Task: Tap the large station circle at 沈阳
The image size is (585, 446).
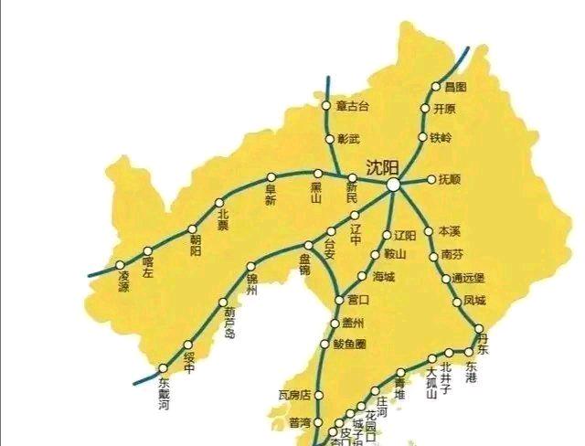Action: tap(393, 185)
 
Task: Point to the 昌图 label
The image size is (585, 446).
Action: tap(454, 87)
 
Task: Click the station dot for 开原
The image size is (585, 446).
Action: tap(425, 109)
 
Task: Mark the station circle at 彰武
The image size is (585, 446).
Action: tap(330, 139)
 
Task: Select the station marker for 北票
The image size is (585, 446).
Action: tap(219, 203)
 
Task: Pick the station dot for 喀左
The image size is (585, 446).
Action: tap(148, 250)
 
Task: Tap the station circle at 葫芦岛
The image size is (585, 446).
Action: tap(222, 303)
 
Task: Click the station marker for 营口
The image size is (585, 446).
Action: tap(340, 300)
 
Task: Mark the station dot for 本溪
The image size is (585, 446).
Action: tap(428, 231)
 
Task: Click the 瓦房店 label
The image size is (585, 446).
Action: tap(294, 395)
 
